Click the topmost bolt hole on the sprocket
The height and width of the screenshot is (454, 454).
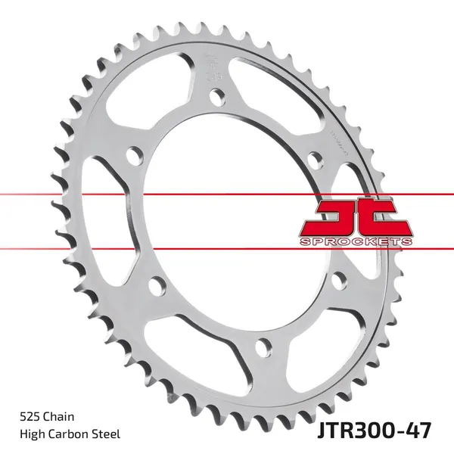tap(217, 96)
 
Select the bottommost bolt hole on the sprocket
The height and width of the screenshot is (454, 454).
tap(263, 346)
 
